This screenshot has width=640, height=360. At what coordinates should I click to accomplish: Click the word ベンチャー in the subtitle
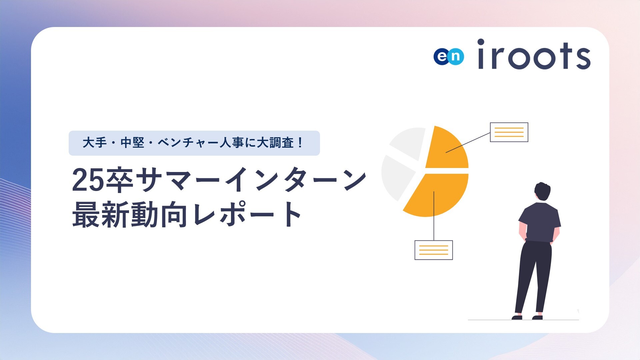pyautogui.click(x=188, y=143)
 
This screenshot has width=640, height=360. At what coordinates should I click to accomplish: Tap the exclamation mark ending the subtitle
pyautogui.click(x=301, y=143)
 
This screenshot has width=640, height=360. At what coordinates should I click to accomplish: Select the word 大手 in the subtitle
pyautogui.click(x=95, y=143)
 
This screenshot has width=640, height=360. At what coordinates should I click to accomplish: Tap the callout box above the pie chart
pyautogui.click(x=509, y=132)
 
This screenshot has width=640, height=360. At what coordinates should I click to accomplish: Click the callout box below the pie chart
pyautogui.click(x=434, y=250)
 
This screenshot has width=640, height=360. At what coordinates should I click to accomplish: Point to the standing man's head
pyautogui.click(x=542, y=192)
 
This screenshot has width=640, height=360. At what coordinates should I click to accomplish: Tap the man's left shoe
pyautogui.click(x=517, y=317)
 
